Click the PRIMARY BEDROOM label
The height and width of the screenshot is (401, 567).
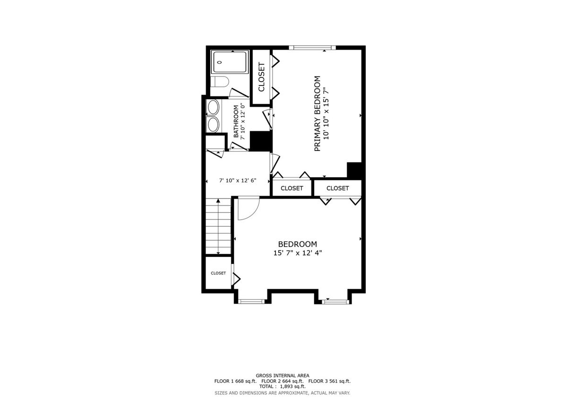pos(317,113)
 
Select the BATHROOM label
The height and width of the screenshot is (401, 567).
pos(236,121)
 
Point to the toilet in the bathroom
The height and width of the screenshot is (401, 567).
pos(219,82)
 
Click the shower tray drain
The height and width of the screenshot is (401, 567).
pos(219,62)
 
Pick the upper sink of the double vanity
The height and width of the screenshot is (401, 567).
pos(213,108)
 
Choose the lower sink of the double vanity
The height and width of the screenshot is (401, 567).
pos(213,124)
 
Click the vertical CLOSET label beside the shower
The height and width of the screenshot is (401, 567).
pos(261,77)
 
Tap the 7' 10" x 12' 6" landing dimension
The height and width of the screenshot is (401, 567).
pos(238,180)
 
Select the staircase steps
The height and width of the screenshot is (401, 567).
pos(218,226)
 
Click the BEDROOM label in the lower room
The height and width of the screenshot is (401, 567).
pos(297,244)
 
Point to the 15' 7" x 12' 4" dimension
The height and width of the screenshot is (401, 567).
pos(297,253)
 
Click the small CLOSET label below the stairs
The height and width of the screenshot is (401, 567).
pos(218,273)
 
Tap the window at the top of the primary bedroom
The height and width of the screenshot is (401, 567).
pos(312,47)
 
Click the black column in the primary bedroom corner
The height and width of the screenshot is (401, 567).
pos(354,170)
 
